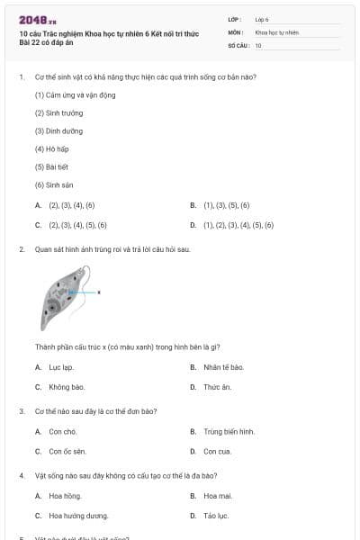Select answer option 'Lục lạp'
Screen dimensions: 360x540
pyautogui.click(x=61, y=367)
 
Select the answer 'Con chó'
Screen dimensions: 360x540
pyautogui.click(x=61, y=431)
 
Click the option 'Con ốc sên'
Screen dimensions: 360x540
pyautogui.click(x=67, y=451)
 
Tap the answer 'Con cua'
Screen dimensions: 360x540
pyautogui.click(x=217, y=451)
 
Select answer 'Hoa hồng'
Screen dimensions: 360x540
pyautogui.click(x=65, y=496)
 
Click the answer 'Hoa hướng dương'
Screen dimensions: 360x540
pyautogui.click(x=78, y=516)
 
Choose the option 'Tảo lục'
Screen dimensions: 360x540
pyautogui.click(x=216, y=516)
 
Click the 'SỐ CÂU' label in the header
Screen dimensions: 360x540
pyautogui.click(x=238, y=45)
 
